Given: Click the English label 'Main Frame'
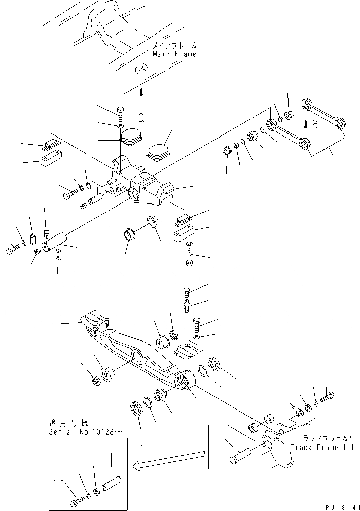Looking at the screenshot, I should click(x=174, y=54).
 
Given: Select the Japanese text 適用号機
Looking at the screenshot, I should click(x=61, y=423).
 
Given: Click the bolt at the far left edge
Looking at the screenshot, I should click(x=12, y=250).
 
